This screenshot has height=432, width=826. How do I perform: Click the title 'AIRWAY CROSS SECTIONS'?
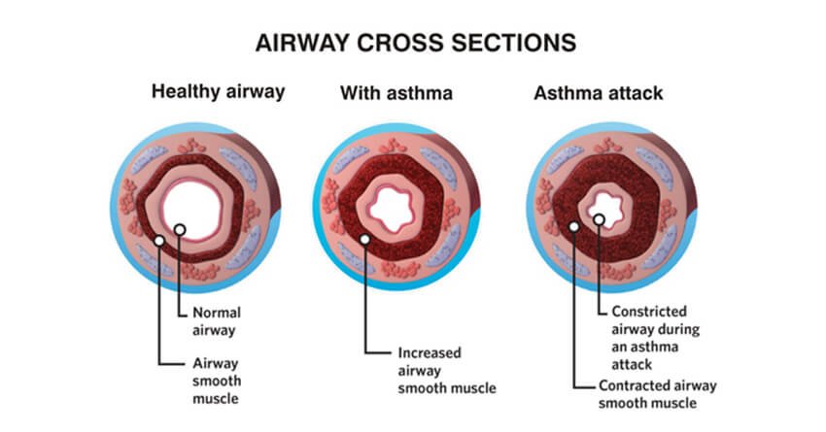(414, 44)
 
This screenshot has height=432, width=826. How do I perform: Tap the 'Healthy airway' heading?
(217, 93)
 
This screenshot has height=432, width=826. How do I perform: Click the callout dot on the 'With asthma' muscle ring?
(364, 239)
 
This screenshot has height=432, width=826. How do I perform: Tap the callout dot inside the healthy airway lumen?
(181, 230)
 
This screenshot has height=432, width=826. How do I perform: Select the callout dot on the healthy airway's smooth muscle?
(158, 239)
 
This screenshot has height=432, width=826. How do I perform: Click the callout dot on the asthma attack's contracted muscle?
(574, 226)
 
